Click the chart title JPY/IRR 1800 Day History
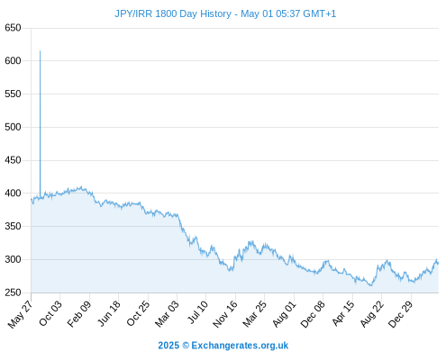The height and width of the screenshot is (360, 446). pos(173,13)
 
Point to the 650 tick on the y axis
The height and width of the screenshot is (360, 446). pos(13,28)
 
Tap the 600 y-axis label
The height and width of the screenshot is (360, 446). pos(13,61)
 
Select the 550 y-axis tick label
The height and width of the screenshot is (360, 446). pos(13,94)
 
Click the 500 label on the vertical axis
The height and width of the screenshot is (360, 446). pos(13,127)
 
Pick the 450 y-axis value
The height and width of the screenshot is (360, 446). pos(13,160)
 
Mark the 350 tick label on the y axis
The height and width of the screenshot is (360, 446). pos(13,226)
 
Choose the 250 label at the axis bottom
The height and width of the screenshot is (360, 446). pos(13,292)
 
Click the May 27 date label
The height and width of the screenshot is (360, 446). pos(20,314)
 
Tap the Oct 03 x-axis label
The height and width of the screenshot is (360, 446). pos(50,313)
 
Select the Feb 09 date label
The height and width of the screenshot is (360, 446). pos(79,314)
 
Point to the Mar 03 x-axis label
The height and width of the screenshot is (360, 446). pos(167,314)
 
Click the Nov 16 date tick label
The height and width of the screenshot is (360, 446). pos(225,314)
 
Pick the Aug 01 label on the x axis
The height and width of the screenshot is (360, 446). pos(285,314)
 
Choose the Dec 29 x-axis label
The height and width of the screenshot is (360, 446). pos(401,314)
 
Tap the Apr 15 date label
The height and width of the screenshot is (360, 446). pos(343,313)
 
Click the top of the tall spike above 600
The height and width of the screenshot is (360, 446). pos(40,51)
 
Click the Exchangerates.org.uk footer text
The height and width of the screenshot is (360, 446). pos(240,346)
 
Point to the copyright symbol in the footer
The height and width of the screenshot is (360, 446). pos(186,346)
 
